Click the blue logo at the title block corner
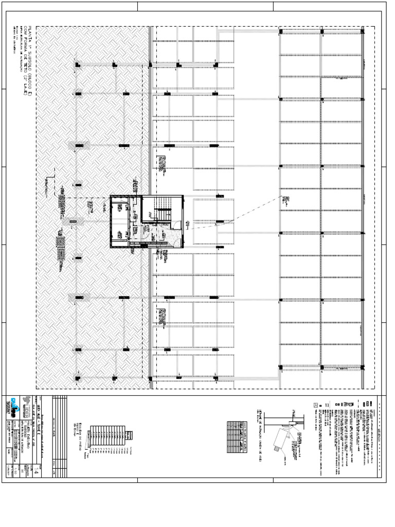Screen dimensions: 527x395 click(14, 401)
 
